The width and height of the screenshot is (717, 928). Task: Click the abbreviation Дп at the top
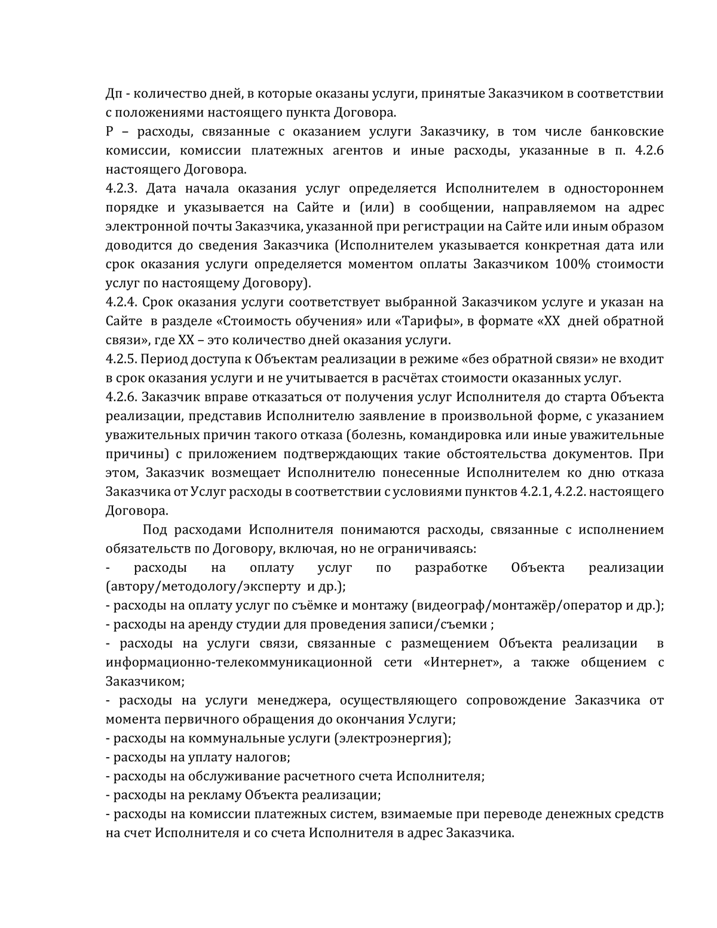[114, 93]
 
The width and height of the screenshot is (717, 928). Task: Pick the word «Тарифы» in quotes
[426, 321]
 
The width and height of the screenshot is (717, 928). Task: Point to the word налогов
[265, 758]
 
